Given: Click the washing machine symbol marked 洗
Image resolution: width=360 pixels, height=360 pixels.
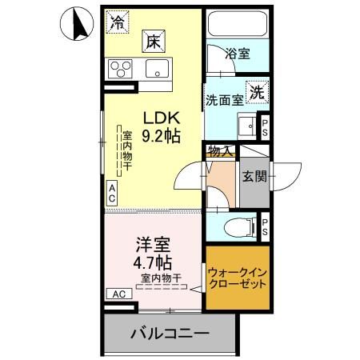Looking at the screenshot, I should tap(257, 92).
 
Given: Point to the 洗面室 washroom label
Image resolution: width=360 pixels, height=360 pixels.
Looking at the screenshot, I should tap(224, 102).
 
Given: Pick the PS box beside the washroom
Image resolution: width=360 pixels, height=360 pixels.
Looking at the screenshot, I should tap(266, 126).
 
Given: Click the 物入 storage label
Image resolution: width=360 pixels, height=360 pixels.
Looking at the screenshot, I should tap(221, 150).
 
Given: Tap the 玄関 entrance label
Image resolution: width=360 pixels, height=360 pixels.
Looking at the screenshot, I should tap(254, 177).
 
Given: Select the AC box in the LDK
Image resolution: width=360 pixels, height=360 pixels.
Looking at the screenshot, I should tap(112, 191).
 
